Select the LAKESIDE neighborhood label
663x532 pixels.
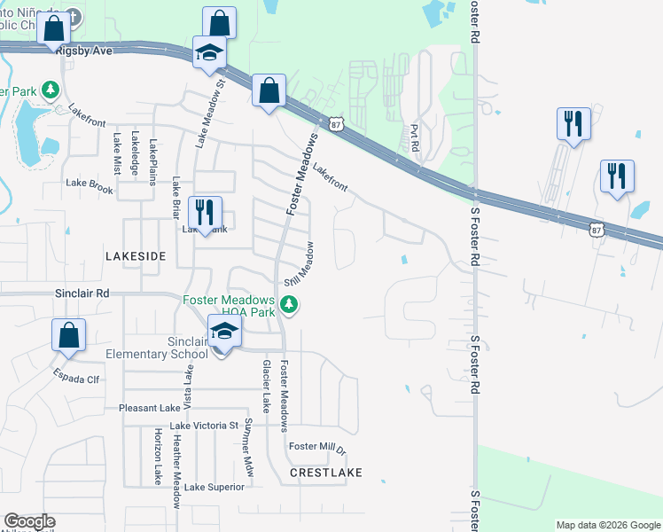pyautogui.click(x=136, y=255)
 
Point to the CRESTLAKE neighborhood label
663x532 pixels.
pyautogui.click(x=326, y=473)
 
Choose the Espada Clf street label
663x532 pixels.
pyautogui.click(x=76, y=378)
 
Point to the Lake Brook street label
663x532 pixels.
pyautogui.click(x=90, y=188)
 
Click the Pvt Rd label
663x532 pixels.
pyautogui.click(x=414, y=137)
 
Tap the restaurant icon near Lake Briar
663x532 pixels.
pyautogui.click(x=206, y=213)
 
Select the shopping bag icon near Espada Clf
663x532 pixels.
pyautogui.click(x=68, y=336)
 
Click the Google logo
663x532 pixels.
pyautogui.click(x=29, y=521)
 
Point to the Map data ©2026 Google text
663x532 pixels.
pyautogui.click(x=607, y=525)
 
